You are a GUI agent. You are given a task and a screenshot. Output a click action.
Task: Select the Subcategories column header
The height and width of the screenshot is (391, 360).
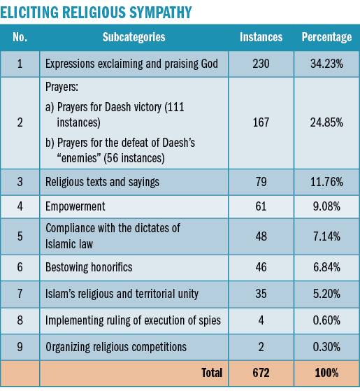pyautogui.click(x=134, y=37)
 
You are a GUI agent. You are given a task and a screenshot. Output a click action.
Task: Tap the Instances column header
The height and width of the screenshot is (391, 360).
pyautogui.click(x=261, y=37)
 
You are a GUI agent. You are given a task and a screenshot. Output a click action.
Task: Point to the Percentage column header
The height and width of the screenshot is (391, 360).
pyautogui.click(x=326, y=37)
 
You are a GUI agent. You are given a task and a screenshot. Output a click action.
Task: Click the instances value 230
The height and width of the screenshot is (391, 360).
pyautogui.click(x=261, y=64)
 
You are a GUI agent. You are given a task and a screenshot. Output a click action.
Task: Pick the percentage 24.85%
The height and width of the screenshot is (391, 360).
pyautogui.click(x=326, y=122)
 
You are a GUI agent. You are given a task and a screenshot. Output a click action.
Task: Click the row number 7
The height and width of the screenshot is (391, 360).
pyautogui.click(x=20, y=294)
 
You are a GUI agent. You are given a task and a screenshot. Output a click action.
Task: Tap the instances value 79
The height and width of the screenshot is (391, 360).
pyautogui.click(x=261, y=182)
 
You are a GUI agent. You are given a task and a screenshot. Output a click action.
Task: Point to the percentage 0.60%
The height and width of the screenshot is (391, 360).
pyautogui.click(x=326, y=320)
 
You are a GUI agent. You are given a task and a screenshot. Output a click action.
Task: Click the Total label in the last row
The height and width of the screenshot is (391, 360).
pyautogui.click(x=212, y=373)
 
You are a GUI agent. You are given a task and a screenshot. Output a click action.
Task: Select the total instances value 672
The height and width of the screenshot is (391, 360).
pyautogui.click(x=261, y=373)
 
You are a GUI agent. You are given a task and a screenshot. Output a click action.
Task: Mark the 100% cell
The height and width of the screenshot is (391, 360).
pyautogui.click(x=326, y=373)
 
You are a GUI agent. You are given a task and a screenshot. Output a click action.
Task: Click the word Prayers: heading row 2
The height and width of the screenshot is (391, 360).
pyautogui.click(x=62, y=87)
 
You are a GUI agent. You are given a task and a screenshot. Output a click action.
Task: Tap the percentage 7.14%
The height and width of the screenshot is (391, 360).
pyautogui.click(x=326, y=236)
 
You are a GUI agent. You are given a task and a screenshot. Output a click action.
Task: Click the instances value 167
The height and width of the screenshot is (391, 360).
pyautogui.click(x=261, y=122)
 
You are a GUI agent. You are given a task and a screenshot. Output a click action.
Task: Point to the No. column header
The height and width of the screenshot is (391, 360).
pyautogui.click(x=20, y=37)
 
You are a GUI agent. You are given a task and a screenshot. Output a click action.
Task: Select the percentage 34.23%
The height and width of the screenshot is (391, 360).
pyautogui.click(x=326, y=64)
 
